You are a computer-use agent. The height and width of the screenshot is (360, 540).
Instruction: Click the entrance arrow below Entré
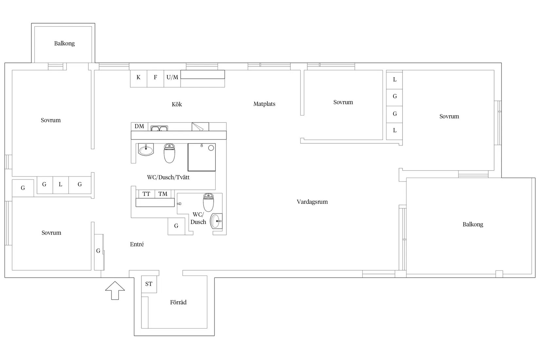[x=115, y=291]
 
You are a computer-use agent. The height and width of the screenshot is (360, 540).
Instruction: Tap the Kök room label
[x=177, y=104]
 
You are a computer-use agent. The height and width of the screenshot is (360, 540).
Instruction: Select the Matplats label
[x=264, y=104]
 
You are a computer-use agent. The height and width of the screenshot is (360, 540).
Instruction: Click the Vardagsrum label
[x=312, y=202]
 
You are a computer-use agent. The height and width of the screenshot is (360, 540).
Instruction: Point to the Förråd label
[x=178, y=302]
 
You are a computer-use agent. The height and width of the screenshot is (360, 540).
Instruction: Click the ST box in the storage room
[x=149, y=284]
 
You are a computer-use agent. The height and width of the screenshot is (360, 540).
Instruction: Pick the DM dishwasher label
[x=139, y=126]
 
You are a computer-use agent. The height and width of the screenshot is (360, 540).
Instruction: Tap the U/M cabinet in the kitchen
[x=172, y=79]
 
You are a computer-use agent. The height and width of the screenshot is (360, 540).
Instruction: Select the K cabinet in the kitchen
[x=139, y=79]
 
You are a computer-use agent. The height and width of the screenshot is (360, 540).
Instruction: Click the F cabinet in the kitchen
[x=155, y=79]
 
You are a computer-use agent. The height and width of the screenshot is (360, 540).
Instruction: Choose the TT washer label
[x=146, y=194]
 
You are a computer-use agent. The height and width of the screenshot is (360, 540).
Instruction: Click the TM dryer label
[x=163, y=194]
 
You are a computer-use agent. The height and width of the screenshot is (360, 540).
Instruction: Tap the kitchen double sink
[x=159, y=128]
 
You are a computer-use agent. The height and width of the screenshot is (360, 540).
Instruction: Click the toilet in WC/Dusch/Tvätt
[x=169, y=153]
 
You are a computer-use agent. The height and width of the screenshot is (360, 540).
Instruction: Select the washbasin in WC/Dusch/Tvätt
[x=146, y=150]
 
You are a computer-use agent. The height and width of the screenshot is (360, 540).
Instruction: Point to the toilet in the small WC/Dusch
[x=208, y=202]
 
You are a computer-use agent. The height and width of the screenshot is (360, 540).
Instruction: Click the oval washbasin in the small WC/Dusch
[x=216, y=221]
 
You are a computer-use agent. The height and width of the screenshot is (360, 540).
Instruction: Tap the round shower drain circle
[x=211, y=148]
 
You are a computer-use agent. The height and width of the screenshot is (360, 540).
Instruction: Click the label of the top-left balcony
[x=64, y=44]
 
